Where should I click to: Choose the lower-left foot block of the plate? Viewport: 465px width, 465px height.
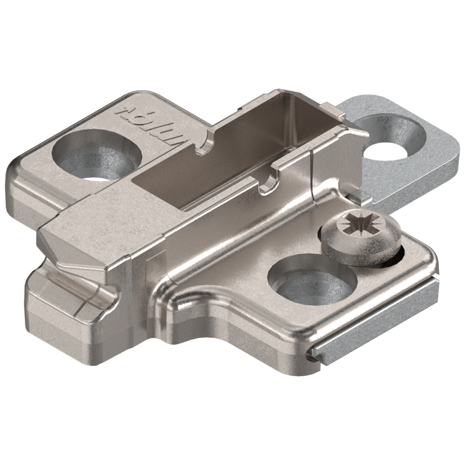click(x=61, y=303)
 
